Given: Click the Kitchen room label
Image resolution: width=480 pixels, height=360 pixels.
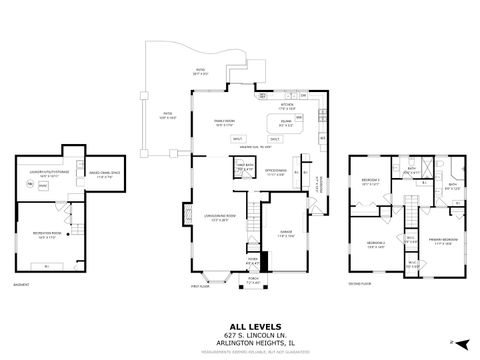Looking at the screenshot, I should point(286,105).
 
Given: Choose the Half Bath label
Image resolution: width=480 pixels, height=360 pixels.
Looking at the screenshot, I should point(243,168).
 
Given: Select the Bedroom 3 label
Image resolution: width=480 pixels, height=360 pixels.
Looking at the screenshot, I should point(370,180).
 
